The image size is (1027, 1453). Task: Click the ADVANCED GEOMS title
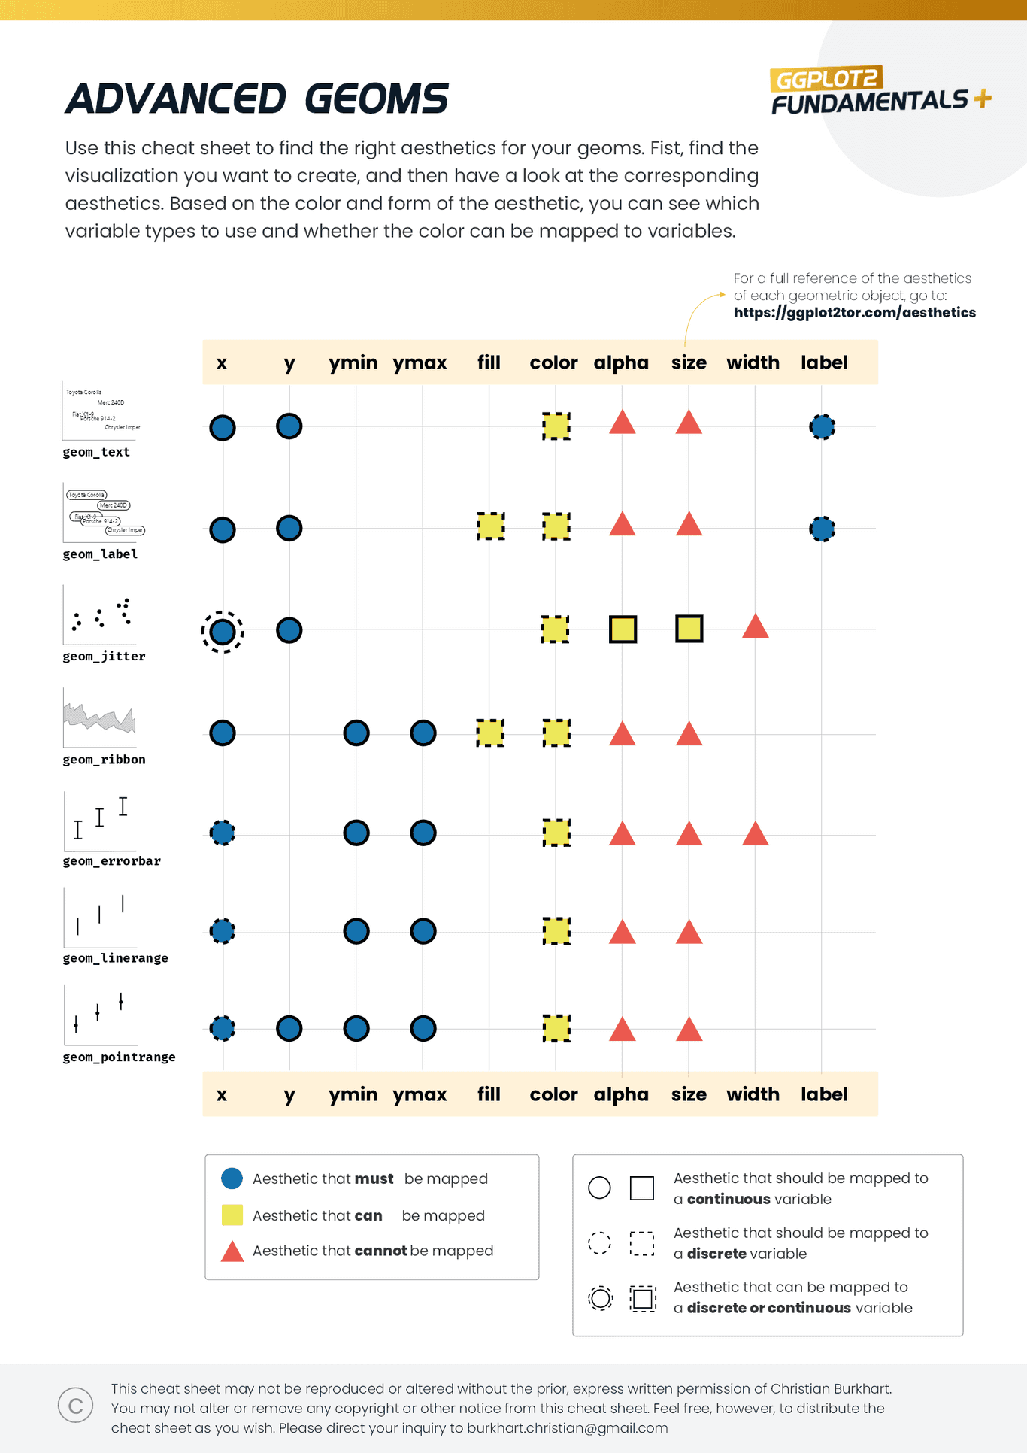[256, 99]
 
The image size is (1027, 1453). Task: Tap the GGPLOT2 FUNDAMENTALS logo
[880, 91]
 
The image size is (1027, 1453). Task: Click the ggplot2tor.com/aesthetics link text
[854, 312]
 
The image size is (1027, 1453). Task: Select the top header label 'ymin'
[353, 362]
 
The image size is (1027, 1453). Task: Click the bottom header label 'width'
[753, 1094]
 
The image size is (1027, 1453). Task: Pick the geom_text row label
[96, 452]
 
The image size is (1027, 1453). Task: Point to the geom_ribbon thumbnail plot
[99, 718]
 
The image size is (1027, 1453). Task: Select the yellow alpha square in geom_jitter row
[623, 629]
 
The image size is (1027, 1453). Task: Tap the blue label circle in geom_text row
[822, 427]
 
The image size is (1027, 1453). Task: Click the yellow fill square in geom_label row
[490, 526]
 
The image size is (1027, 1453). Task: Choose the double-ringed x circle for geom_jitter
[222, 632]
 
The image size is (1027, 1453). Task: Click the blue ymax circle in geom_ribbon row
[423, 733]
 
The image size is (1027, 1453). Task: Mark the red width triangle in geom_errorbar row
[755, 834]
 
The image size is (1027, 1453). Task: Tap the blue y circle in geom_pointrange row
[289, 1028]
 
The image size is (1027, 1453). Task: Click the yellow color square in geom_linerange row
[556, 931]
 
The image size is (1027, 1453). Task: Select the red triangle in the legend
[232, 1252]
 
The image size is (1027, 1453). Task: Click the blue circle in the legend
[232, 1178]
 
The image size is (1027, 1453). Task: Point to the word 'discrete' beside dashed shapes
[716, 1254]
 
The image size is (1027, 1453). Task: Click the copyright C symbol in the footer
[75, 1406]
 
